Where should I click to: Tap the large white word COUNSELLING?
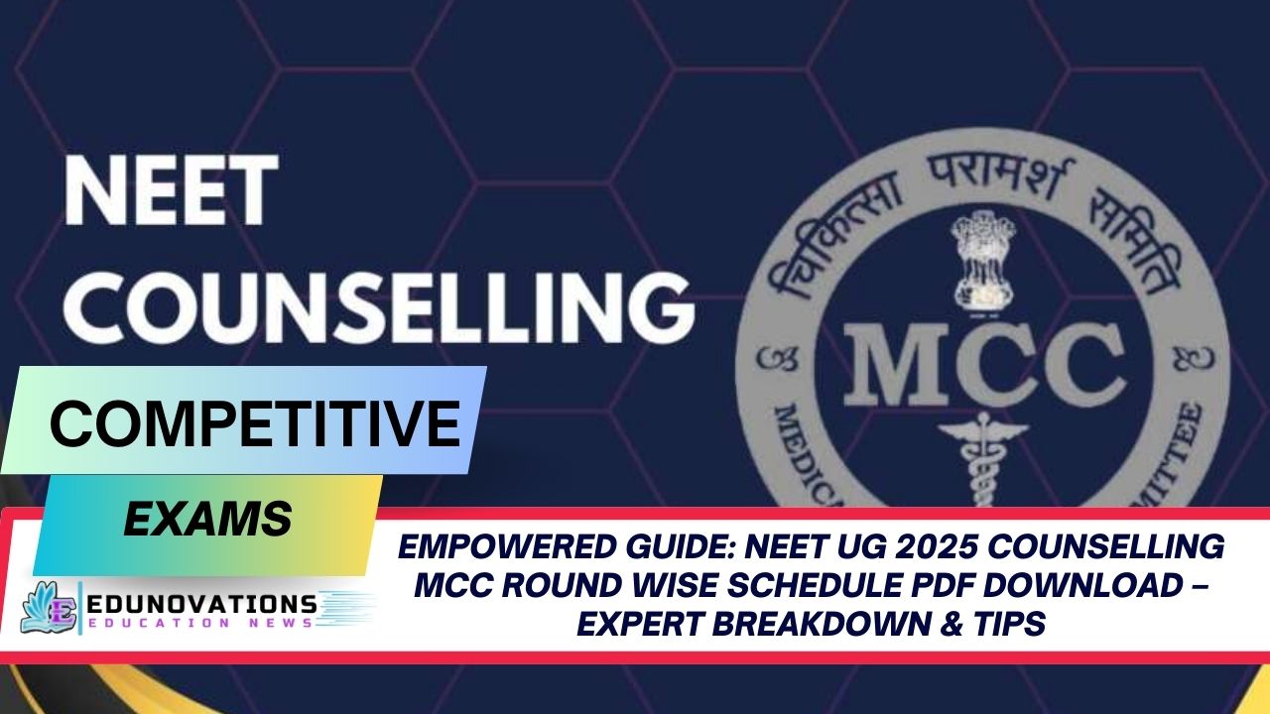[378, 302]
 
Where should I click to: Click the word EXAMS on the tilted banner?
[207, 519]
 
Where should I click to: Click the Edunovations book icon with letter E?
[51, 608]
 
